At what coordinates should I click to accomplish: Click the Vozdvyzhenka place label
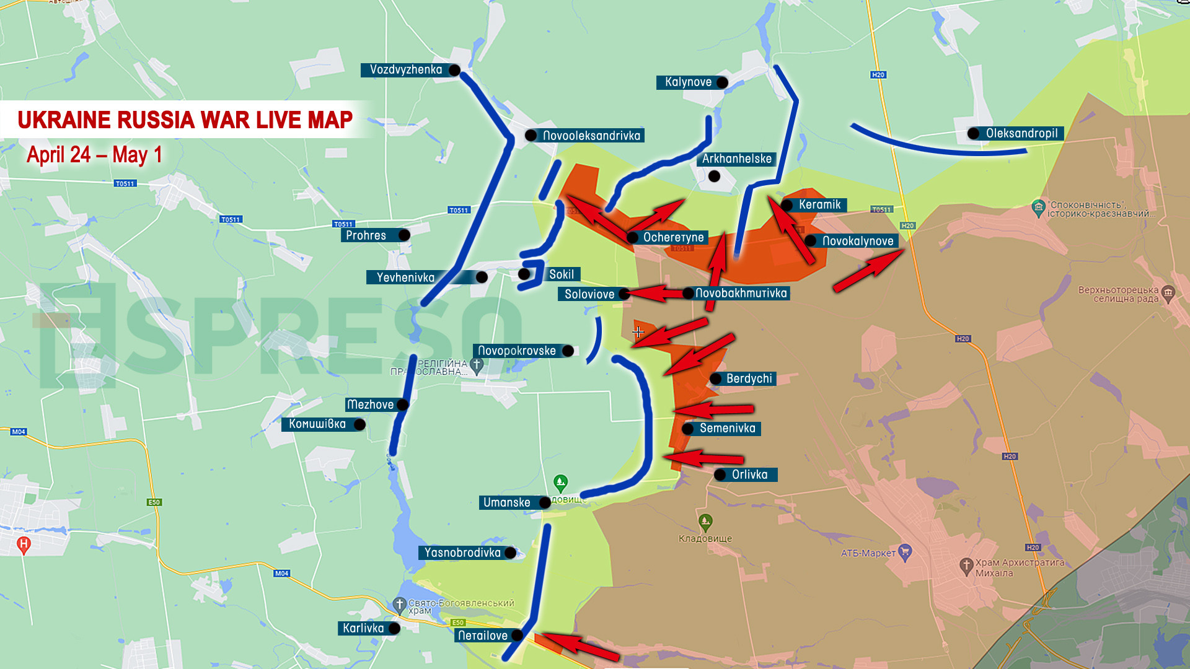(x=406, y=70)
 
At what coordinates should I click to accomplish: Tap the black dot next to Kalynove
(x=722, y=82)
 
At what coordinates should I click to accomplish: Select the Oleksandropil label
(x=1021, y=133)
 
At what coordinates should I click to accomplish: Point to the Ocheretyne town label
(x=673, y=237)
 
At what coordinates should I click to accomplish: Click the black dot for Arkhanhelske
(x=714, y=177)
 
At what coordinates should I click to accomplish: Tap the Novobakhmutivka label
(x=741, y=293)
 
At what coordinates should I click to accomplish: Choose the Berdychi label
(x=749, y=378)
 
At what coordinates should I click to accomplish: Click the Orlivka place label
(x=749, y=474)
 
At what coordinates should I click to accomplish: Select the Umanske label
(x=506, y=502)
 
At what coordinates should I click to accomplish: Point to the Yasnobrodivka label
(x=462, y=553)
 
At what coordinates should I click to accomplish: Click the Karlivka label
(x=363, y=628)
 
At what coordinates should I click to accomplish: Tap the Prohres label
(x=366, y=235)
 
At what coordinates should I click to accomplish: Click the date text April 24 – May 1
(x=94, y=154)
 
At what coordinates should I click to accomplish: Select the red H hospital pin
(x=24, y=544)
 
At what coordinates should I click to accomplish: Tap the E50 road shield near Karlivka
(x=458, y=622)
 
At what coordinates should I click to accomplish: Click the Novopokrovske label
(x=516, y=351)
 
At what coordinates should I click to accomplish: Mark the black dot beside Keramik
(x=787, y=205)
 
